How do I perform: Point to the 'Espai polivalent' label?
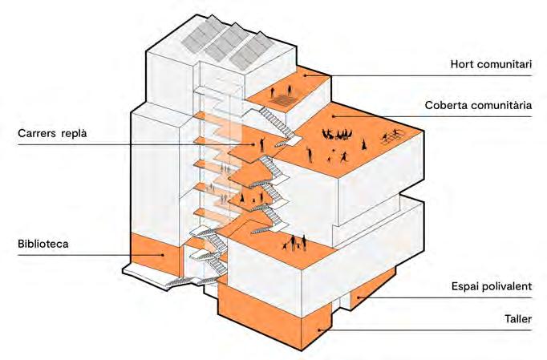492,285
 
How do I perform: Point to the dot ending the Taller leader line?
319,329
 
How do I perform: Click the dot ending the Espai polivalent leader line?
359,298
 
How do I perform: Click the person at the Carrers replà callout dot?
261,144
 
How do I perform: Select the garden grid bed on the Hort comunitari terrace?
284,102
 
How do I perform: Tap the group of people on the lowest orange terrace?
295,241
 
